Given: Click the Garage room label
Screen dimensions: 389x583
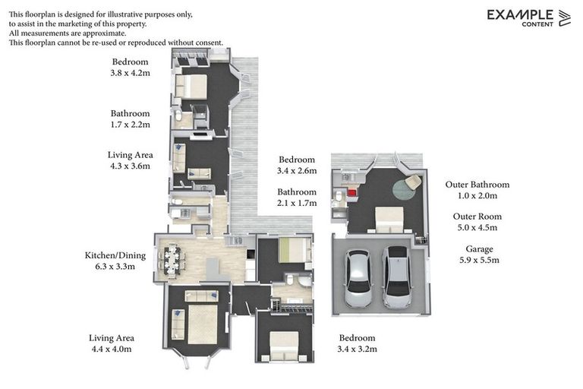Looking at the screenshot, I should click(x=479, y=248).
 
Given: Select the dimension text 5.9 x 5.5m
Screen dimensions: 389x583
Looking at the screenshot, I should click(x=479, y=260).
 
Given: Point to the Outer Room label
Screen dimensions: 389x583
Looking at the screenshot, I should click(x=479, y=217).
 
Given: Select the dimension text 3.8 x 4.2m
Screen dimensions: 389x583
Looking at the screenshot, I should click(x=131, y=73).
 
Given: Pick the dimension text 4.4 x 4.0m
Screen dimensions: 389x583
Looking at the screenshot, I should click(x=111, y=349).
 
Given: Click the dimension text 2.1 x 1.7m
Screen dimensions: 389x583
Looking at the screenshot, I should click(x=297, y=203).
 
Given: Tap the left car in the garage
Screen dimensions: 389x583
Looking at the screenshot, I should click(x=358, y=277).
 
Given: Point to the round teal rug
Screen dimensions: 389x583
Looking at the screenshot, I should click(x=403, y=188).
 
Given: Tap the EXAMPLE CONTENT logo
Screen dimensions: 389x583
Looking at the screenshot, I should click(x=528, y=17).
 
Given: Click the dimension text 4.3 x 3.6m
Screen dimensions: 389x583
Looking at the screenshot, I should click(x=131, y=166).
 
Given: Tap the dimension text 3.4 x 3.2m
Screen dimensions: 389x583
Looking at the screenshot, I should click(x=357, y=349).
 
